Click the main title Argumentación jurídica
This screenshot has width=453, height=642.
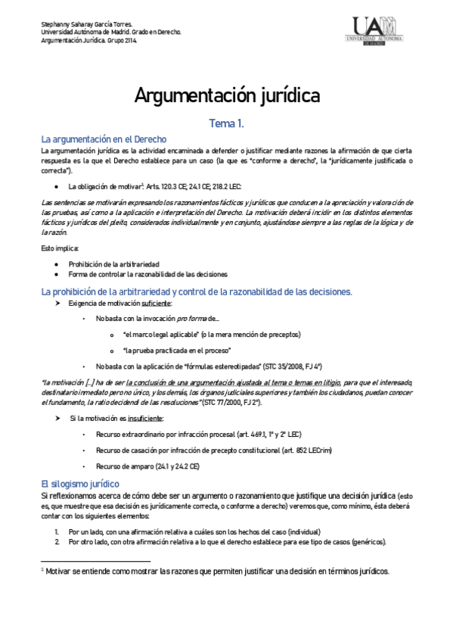[x=227, y=96]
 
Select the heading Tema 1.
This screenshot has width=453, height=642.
[x=226, y=123]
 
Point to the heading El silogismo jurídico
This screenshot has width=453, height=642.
[x=79, y=482]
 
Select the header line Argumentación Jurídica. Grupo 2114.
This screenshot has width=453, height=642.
[x=89, y=41]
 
